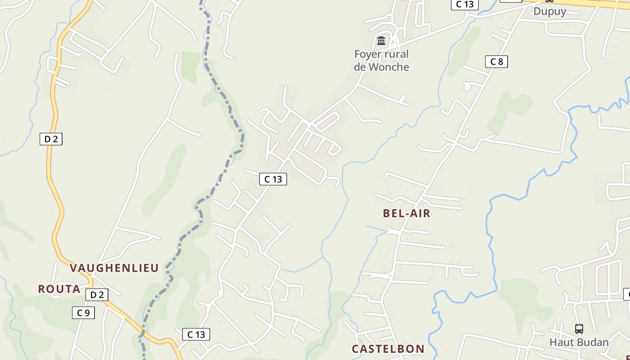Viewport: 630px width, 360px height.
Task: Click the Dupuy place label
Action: pyautogui.click(x=549, y=11)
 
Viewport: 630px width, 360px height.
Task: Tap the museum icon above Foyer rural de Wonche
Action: pyautogui.click(x=381, y=41)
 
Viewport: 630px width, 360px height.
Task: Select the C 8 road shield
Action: pyautogui.click(x=496, y=62)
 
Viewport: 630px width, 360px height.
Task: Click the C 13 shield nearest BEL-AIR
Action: pyautogui.click(x=273, y=179)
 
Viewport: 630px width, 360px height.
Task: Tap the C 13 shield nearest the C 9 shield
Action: pyautogui.click(x=196, y=334)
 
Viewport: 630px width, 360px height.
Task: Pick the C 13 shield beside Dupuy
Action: pyautogui.click(x=464, y=4)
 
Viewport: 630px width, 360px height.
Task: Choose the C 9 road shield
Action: pyautogui.click(x=83, y=313)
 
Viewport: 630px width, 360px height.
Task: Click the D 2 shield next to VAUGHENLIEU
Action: pyautogui.click(x=97, y=295)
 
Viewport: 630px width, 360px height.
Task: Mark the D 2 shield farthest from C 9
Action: pyautogui.click(x=51, y=139)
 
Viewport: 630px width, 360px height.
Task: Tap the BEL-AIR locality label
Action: pyautogui.click(x=407, y=214)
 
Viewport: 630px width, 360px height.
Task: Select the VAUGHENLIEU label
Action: pyautogui.click(x=114, y=268)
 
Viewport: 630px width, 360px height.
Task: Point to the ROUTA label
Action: pyautogui.click(x=59, y=289)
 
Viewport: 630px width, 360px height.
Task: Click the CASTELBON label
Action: pyautogui.click(x=388, y=349)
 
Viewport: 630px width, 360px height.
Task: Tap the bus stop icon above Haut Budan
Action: pyautogui.click(x=579, y=329)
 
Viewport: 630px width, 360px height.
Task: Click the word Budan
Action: pyautogui.click(x=593, y=342)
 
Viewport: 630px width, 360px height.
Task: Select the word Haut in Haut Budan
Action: pyautogui.click(x=562, y=342)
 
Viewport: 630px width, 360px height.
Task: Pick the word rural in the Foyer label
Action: pyautogui.click(x=396, y=54)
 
